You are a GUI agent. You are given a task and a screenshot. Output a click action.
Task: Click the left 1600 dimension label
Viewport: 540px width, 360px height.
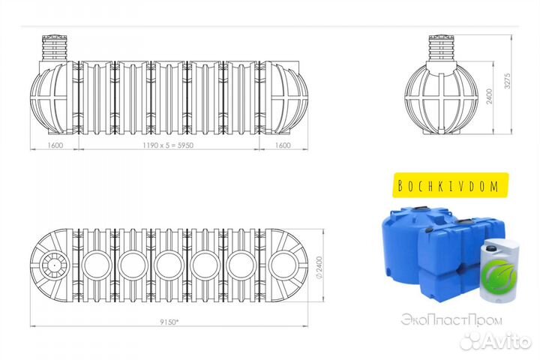pos(55,145)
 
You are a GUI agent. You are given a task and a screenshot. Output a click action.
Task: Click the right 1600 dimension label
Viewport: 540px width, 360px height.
pos(283,145)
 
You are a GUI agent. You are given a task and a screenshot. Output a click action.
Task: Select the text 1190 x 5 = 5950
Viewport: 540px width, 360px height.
pos(168,145)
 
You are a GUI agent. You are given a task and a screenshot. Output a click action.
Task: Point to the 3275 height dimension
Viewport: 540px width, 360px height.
pos(507,81)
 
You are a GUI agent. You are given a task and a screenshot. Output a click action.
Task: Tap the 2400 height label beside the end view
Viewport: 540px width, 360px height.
pos(489,97)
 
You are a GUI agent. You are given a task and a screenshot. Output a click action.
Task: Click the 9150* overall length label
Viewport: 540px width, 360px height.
pos(169,322)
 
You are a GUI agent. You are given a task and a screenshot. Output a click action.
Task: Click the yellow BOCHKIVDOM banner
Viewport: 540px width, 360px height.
pos(451,185)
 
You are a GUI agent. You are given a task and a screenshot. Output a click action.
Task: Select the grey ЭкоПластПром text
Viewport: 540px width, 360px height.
pos(451,320)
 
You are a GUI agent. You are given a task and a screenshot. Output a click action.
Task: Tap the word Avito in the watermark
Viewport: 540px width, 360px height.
pos(508,340)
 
